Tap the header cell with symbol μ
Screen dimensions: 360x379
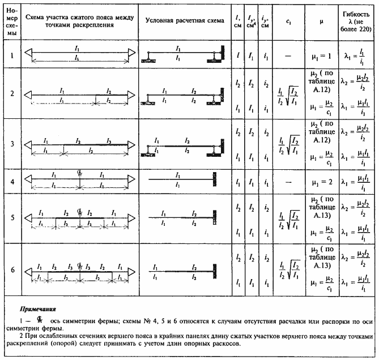[x=321, y=20]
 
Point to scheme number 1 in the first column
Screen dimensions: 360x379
[x=12, y=55]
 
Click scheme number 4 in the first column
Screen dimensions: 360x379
[x=12, y=182]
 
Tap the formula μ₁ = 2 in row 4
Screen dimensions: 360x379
[x=321, y=182]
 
